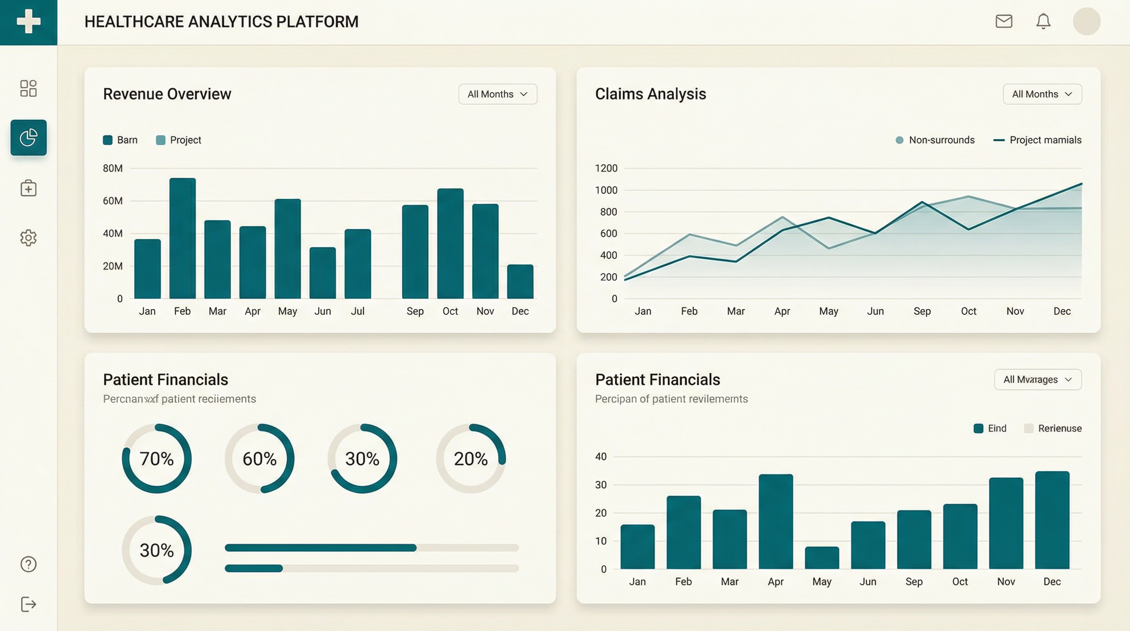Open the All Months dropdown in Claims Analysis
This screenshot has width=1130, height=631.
[1042, 94]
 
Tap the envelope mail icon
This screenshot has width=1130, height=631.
[1004, 21]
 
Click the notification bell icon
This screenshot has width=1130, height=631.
[1043, 21]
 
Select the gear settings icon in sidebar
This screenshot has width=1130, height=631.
[28, 237]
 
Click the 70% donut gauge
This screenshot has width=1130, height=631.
[156, 458]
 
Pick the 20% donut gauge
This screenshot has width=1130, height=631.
[471, 458]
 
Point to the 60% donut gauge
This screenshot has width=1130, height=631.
[259, 458]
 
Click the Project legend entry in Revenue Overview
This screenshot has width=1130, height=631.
[179, 140]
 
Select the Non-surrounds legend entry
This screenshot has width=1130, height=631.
[935, 140]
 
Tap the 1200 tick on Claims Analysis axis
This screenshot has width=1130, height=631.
[606, 168]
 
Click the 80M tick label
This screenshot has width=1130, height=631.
[113, 168]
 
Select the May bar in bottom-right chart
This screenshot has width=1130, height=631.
[822, 558]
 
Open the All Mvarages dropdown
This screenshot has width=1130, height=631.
[1038, 380]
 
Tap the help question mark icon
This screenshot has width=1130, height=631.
[28, 564]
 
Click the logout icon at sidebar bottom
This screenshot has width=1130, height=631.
[28, 604]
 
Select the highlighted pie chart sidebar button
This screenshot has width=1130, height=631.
[28, 137]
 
